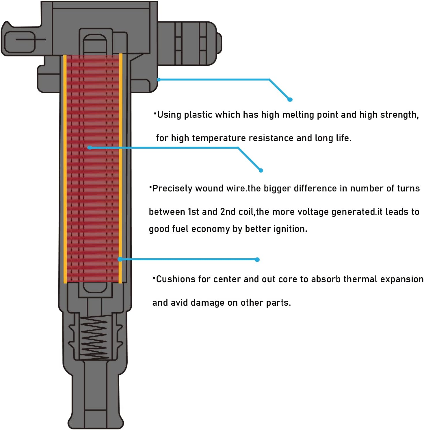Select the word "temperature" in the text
tap(218, 138)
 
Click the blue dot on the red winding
tap(90, 148)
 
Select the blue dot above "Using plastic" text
tap(290, 99)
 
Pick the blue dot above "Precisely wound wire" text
tap(261, 170)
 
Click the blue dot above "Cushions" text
tap(257, 260)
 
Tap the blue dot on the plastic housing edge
tap(159, 80)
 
